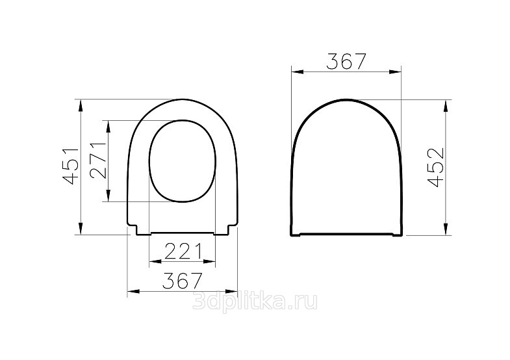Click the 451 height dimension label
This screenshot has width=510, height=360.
(71, 166)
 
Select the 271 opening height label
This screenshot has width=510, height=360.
(98, 161)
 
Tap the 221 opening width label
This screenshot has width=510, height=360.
(183, 251)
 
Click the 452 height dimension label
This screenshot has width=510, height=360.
(436, 167)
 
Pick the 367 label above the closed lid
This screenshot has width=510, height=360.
(346, 61)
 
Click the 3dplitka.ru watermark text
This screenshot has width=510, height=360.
(255, 302)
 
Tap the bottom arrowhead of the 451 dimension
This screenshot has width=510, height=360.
(81, 227)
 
